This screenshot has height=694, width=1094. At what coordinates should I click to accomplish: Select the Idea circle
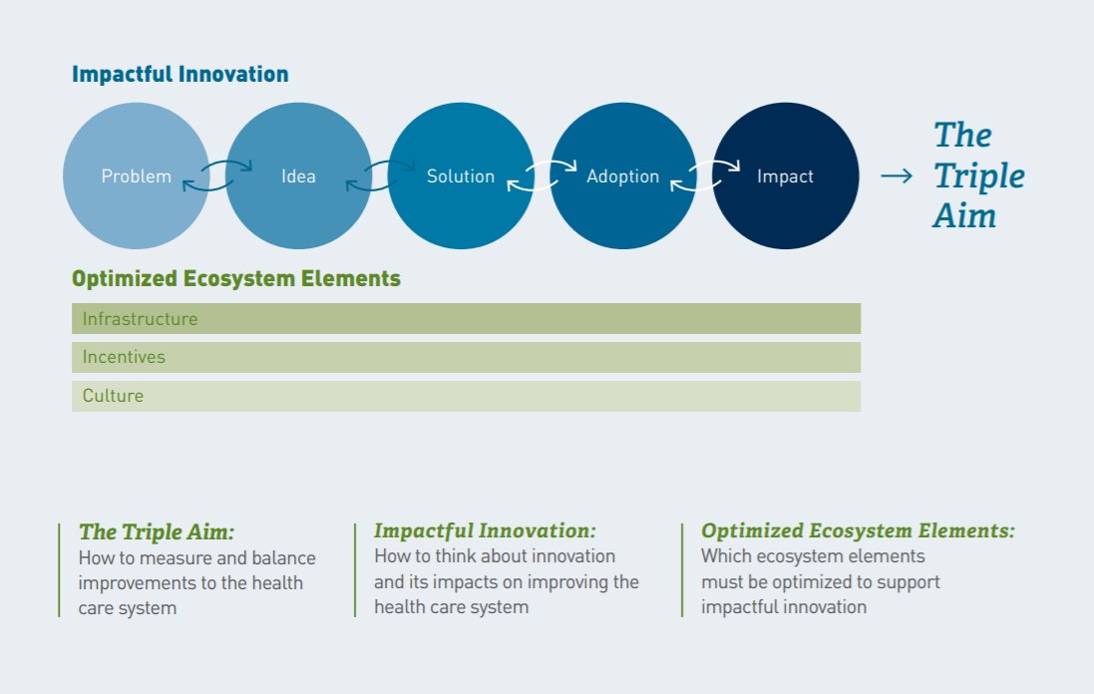coord(298,176)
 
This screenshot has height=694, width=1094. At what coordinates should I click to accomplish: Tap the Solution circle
coord(461,176)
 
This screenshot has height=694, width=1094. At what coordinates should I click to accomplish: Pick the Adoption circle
coord(623,176)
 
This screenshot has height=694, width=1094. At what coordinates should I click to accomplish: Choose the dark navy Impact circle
coord(785,176)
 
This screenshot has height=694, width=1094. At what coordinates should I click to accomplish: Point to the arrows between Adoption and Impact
coord(704,175)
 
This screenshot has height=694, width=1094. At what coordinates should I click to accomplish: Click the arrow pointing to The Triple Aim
coord(896,176)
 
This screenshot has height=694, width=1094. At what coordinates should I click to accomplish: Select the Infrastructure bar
coord(466,319)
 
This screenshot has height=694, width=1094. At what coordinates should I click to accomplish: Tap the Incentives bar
coord(466,357)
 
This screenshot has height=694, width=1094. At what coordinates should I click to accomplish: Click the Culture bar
coord(466,396)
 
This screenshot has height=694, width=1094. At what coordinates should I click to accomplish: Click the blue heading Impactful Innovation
coord(181,75)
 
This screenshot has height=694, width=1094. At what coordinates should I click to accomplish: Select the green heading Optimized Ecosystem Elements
coord(236,279)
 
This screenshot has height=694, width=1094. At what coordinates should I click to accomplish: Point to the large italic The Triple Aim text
coord(978,175)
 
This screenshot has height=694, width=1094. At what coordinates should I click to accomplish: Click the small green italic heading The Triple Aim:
coord(157,531)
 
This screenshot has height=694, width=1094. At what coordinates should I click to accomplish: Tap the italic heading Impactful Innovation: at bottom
coord(485,531)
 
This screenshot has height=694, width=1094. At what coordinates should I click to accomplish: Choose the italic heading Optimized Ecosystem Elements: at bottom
coord(858,531)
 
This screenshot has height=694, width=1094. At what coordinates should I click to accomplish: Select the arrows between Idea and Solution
coord(380,175)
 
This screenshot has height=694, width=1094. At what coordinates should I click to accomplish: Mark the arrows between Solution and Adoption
coord(543,175)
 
